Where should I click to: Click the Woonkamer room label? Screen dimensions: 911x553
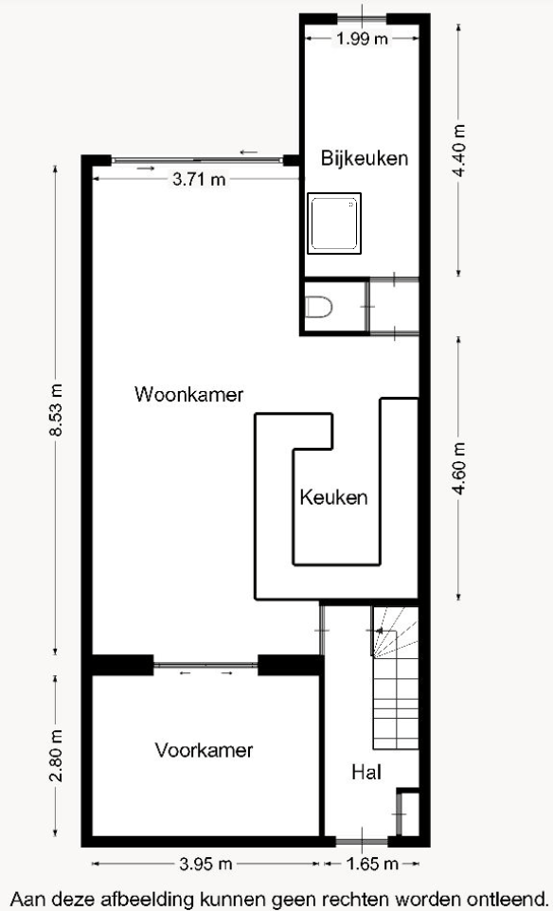(189, 393)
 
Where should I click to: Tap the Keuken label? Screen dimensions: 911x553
(333, 497)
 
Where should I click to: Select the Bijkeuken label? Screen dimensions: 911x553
(364, 158)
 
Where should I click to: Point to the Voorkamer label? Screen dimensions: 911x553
(204, 750)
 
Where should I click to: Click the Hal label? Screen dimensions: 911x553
(366, 773)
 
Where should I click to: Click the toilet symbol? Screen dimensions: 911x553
(318, 307)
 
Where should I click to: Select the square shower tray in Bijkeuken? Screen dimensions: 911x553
(333, 224)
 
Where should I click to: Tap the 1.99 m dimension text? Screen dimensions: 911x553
(362, 39)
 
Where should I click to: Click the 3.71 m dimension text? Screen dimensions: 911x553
(199, 179)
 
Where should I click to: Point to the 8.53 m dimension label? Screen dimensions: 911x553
(56, 410)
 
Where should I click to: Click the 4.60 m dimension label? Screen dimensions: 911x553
(459, 469)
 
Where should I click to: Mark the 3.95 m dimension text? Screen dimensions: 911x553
(205, 864)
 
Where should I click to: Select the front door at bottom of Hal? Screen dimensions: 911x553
(362, 841)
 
